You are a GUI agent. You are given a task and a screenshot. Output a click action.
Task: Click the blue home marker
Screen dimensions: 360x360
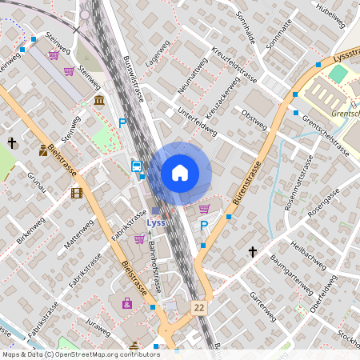pyautogui.click(x=180, y=173)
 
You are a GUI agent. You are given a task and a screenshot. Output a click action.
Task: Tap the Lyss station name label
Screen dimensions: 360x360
pyautogui.click(x=157, y=223)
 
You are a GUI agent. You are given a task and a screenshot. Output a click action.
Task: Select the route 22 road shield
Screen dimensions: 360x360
pyautogui.click(x=198, y=307)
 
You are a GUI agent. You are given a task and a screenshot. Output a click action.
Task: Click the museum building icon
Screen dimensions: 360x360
pyautogui.click(x=98, y=102)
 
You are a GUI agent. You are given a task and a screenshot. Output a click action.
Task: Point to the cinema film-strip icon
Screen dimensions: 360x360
pyautogui.click(x=76, y=193)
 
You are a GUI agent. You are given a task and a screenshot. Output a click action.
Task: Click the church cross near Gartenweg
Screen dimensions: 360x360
pyautogui.click(x=253, y=252)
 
